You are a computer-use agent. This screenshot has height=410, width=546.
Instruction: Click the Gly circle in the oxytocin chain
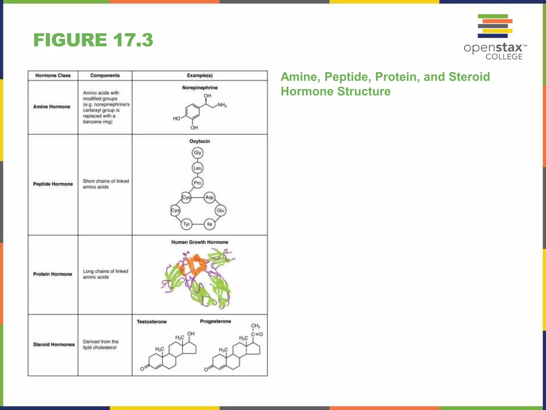(x=198, y=153)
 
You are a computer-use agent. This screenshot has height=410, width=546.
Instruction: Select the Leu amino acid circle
(x=198, y=168)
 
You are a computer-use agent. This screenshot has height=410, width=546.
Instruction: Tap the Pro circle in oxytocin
(x=198, y=183)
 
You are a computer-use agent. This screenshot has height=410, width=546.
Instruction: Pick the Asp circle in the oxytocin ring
(x=210, y=198)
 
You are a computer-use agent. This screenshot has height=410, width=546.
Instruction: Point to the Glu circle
(x=220, y=210)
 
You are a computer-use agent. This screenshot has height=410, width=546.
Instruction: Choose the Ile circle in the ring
(x=210, y=224)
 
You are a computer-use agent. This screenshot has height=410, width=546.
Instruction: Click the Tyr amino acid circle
(x=186, y=224)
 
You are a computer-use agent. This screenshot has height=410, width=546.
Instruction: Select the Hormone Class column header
(x=53, y=76)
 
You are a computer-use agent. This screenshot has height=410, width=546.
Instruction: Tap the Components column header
(x=105, y=76)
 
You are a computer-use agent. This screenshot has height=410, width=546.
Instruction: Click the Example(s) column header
(x=200, y=76)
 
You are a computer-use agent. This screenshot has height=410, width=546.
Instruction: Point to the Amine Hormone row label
(x=52, y=107)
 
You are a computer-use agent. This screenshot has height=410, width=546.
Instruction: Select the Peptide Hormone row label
(x=53, y=184)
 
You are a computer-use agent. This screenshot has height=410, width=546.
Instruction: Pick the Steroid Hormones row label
(x=54, y=345)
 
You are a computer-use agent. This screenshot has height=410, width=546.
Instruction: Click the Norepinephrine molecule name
(x=200, y=88)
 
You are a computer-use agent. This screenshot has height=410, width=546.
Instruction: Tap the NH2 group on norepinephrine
(x=222, y=105)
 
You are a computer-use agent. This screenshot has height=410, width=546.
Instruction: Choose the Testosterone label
(x=152, y=322)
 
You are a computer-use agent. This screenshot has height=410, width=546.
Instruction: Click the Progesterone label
(x=215, y=321)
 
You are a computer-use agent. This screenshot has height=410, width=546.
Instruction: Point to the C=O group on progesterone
(x=257, y=334)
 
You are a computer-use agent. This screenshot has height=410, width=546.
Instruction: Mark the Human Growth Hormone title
(x=200, y=242)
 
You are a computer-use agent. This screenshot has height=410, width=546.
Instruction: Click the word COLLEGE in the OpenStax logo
(x=504, y=57)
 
